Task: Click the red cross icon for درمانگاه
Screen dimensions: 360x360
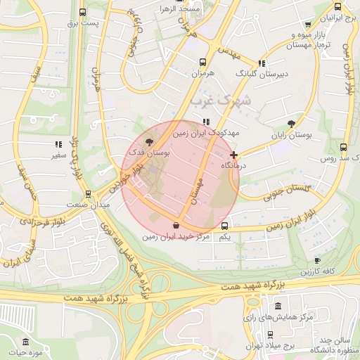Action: click(233, 155)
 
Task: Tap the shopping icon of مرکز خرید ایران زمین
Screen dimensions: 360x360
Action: click(175, 226)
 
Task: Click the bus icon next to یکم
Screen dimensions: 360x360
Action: click(224, 226)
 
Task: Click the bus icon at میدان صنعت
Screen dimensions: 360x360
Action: click(88, 194)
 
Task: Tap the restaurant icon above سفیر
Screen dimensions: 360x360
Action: click(57, 144)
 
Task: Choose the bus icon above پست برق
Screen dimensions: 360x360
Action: click(83, 13)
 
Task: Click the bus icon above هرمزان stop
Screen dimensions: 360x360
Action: click(202, 62)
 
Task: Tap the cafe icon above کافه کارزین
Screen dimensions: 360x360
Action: click(317, 260)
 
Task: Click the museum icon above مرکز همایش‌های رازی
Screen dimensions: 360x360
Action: click(278, 307)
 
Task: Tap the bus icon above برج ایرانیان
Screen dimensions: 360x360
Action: click(338, 7)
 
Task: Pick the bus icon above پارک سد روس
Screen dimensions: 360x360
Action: click(342, 148)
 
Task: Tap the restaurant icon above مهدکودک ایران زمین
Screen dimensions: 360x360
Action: click(206, 122)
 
